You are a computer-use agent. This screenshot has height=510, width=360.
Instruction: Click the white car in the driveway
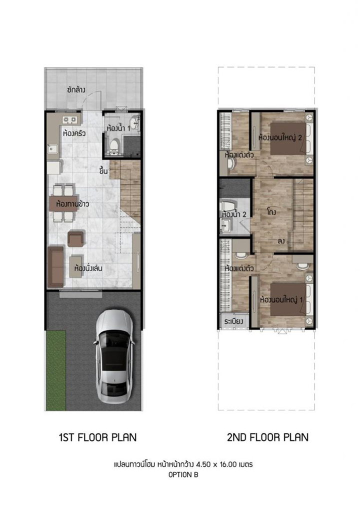click(x=114, y=356)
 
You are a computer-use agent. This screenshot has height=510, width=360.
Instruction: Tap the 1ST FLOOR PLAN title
click(x=97, y=437)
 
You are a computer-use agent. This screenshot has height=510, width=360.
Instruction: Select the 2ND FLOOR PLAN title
click(x=267, y=437)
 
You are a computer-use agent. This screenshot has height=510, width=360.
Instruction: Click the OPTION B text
click(x=183, y=475)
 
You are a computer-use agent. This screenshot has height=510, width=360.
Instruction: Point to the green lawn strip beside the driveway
click(x=56, y=370)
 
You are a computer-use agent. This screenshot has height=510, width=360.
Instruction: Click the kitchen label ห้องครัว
click(x=74, y=133)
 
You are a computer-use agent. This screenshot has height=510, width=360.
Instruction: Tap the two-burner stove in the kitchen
click(x=70, y=120)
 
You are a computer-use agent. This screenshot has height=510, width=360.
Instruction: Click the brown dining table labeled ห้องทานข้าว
click(x=63, y=204)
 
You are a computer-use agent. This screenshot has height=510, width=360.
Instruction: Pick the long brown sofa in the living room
click(x=56, y=266)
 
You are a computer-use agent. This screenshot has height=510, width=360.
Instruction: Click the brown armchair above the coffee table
click(x=76, y=238)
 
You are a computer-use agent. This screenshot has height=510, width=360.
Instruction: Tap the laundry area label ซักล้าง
click(x=76, y=90)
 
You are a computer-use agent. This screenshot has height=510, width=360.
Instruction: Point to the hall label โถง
click(x=271, y=211)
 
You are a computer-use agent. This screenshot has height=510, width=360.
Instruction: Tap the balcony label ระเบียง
click(x=234, y=321)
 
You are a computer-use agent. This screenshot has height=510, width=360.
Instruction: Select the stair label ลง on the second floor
click(x=281, y=241)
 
